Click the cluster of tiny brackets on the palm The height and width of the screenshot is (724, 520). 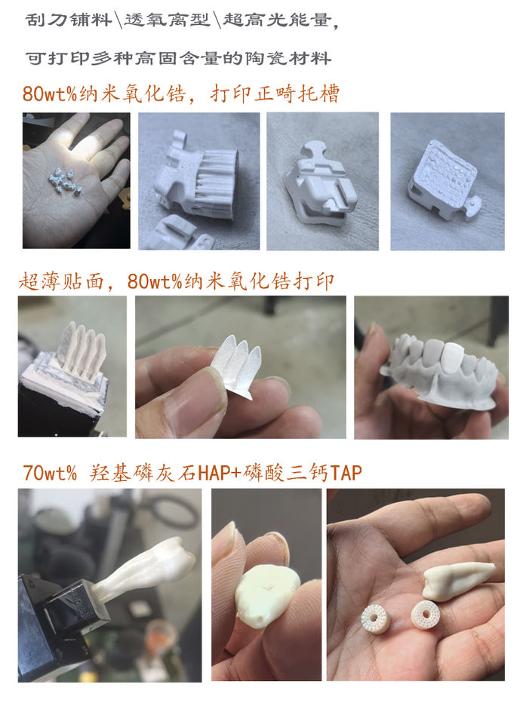[x=65, y=181]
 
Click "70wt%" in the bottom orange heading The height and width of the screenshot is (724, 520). [x=50, y=473]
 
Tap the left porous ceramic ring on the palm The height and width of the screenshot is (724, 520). [x=375, y=618]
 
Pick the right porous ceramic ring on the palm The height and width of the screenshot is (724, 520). [x=425, y=614]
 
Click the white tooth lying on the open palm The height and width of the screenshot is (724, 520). [x=457, y=581]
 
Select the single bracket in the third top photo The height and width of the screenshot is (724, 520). [x=321, y=186]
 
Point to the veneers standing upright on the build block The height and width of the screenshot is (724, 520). [x=82, y=349]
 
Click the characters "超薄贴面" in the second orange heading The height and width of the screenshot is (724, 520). [x=61, y=281]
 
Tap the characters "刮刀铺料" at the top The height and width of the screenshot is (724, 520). [x=69, y=20]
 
